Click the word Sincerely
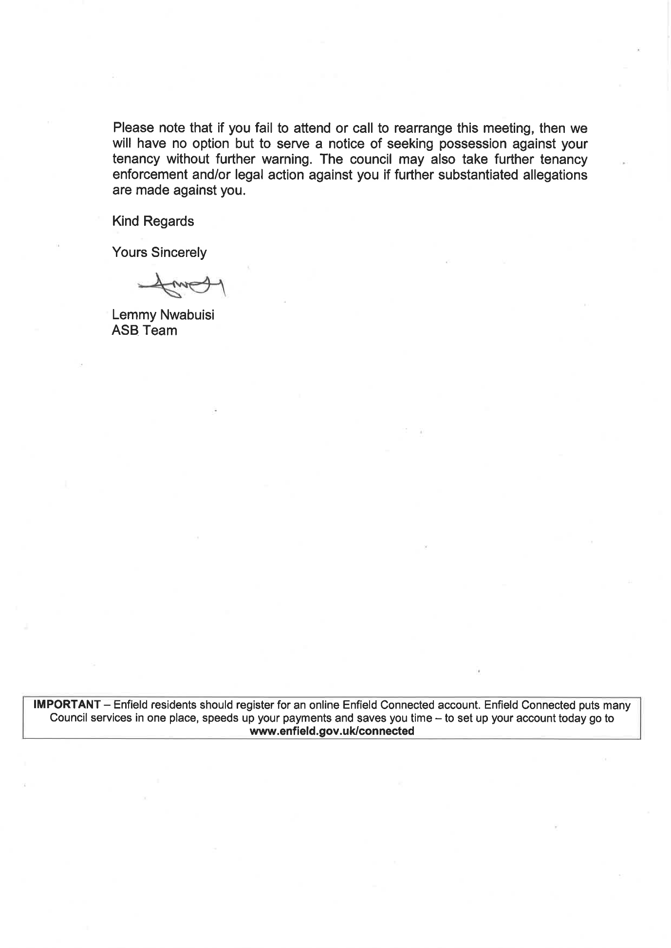(179, 253)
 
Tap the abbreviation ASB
(125, 331)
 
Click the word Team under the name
(160, 331)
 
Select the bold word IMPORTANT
(66, 705)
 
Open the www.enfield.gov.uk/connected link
(332, 730)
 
